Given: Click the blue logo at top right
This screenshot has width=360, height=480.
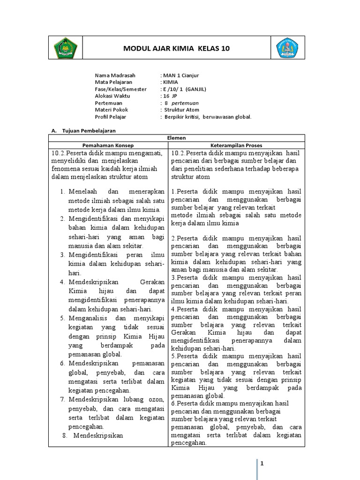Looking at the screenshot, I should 287,48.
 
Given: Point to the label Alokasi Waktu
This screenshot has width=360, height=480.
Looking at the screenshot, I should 112,96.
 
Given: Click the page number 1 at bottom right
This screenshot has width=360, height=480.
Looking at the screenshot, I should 262,464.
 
